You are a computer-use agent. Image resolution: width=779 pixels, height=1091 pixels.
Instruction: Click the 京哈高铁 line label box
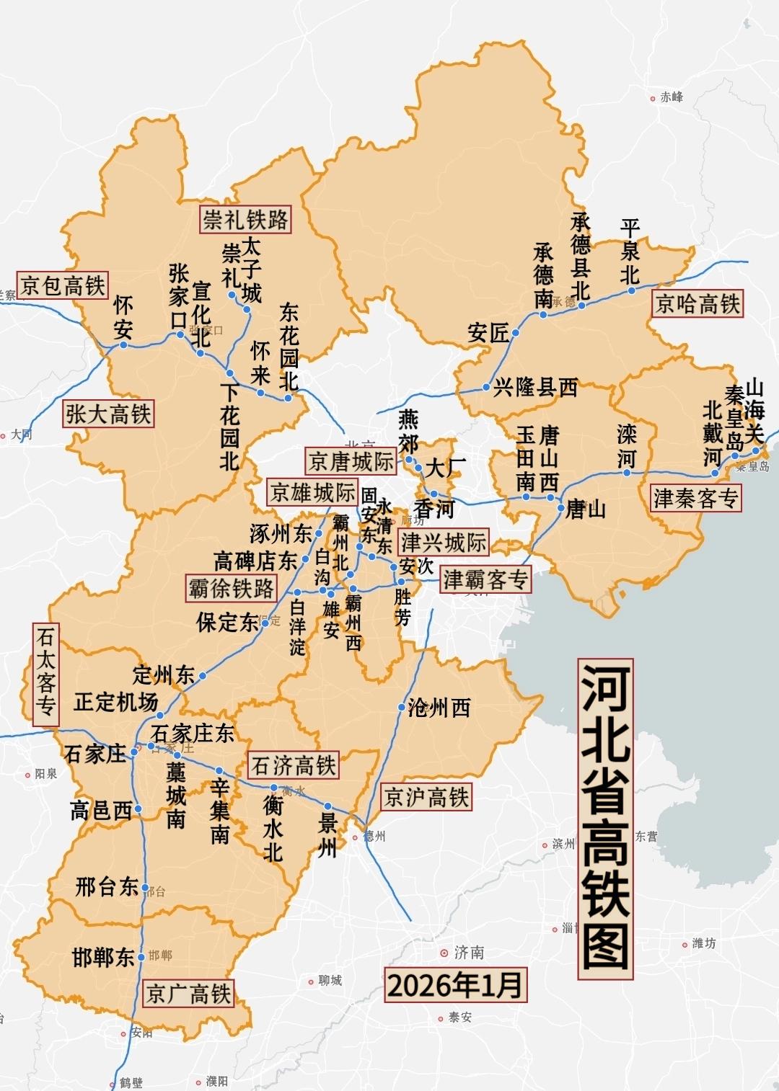click(697, 303)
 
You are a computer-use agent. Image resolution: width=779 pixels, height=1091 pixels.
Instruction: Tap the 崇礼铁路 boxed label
click(245, 219)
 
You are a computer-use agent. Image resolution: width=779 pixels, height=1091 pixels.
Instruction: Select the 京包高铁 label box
click(63, 285)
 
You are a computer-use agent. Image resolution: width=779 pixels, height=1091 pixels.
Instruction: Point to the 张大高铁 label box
click(108, 414)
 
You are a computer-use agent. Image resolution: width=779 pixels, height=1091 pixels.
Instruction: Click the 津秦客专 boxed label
click(696, 498)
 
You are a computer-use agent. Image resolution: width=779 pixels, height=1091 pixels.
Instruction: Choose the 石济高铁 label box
click(294, 765)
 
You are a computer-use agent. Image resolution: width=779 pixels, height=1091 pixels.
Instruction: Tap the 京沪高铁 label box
click(426, 797)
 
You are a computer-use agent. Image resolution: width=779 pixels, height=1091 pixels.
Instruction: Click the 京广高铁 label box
click(188, 994)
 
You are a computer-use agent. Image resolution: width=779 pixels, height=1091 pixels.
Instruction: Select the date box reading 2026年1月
click(454, 985)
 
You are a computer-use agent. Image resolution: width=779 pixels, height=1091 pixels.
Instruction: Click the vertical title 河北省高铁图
click(605, 818)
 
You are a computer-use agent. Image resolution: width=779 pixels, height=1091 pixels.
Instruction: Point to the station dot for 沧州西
click(402, 708)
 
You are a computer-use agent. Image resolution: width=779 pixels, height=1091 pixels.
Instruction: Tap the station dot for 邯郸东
click(141, 956)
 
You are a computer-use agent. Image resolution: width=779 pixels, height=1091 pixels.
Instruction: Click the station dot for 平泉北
click(632, 291)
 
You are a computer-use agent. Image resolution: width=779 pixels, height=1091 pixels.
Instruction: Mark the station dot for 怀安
click(123, 345)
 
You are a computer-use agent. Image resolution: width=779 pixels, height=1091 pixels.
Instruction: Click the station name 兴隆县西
click(535, 388)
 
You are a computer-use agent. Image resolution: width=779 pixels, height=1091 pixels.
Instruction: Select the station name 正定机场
click(115, 702)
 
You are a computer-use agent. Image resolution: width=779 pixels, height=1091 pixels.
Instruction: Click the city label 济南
click(468, 953)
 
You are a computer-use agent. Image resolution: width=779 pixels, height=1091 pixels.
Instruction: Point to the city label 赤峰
click(671, 97)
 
